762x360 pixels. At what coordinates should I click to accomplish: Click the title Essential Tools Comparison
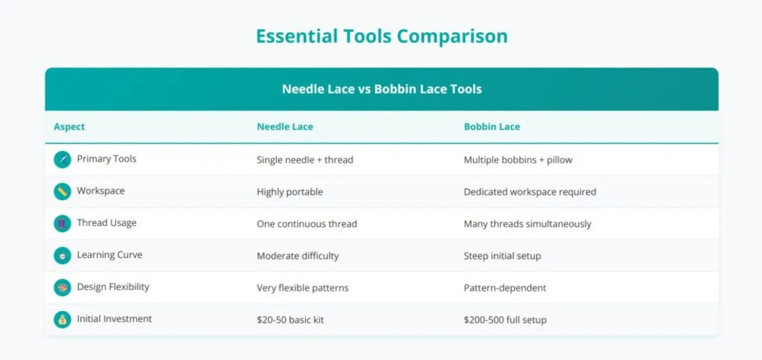pyautogui.click(x=381, y=36)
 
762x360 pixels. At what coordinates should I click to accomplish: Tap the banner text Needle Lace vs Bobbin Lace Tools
pyautogui.click(x=381, y=89)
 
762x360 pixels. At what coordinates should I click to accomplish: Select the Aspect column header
pyautogui.click(x=69, y=126)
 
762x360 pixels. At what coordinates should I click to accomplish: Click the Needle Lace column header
pyautogui.click(x=284, y=126)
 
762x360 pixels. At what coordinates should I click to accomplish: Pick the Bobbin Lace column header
pyautogui.click(x=491, y=126)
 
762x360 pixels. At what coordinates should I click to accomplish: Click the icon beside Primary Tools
pyautogui.click(x=63, y=159)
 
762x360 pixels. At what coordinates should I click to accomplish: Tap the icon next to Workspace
pyautogui.click(x=63, y=191)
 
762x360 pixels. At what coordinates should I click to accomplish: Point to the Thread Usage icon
pyautogui.click(x=63, y=223)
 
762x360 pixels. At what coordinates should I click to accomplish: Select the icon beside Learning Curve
pyautogui.click(x=63, y=255)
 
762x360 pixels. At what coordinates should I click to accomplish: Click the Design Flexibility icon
pyautogui.click(x=63, y=287)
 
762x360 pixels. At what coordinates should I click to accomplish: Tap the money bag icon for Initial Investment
pyautogui.click(x=63, y=319)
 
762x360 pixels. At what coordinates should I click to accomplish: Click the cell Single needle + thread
pyautogui.click(x=304, y=159)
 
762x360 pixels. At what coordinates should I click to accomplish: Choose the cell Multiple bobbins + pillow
pyautogui.click(x=518, y=159)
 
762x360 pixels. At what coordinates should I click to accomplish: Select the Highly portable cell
pyautogui.click(x=289, y=191)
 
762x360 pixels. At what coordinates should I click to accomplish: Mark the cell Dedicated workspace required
pyautogui.click(x=529, y=191)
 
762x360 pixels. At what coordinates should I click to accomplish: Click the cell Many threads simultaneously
pyautogui.click(x=527, y=223)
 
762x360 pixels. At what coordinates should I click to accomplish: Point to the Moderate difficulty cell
pyautogui.click(x=297, y=255)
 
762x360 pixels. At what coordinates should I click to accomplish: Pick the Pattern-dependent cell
pyautogui.click(x=504, y=287)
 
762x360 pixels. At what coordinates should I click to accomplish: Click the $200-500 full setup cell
pyautogui.click(x=505, y=319)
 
